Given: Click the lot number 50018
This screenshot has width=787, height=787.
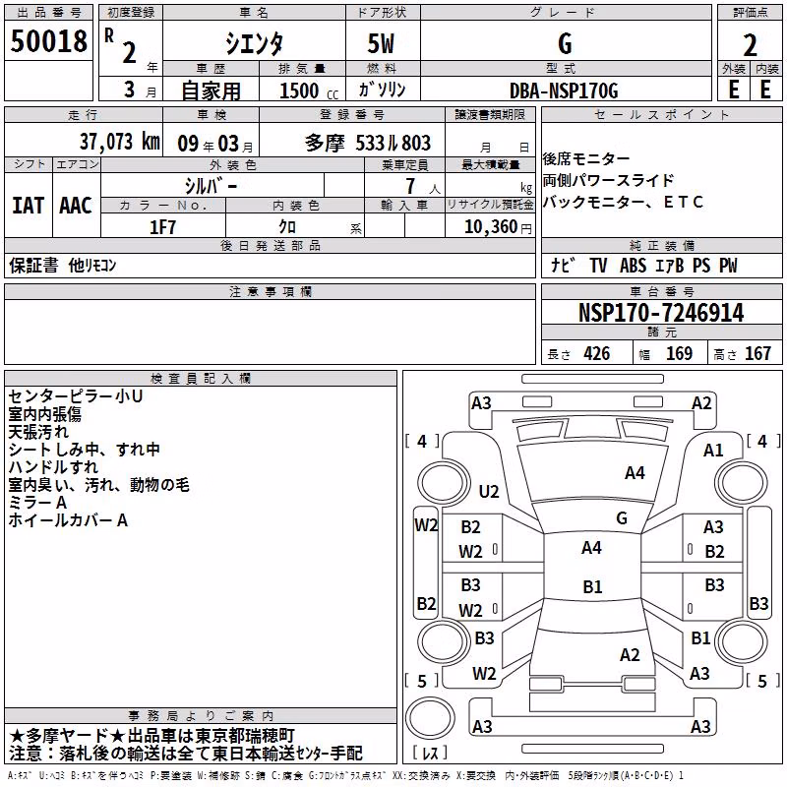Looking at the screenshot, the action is (x=48, y=41).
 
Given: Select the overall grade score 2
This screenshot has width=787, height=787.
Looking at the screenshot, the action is (x=750, y=45).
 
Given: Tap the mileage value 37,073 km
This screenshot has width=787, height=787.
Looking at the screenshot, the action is (x=119, y=142).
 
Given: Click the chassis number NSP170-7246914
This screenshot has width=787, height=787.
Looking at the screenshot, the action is (x=661, y=313).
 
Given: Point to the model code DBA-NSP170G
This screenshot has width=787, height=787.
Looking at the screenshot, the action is (x=564, y=91).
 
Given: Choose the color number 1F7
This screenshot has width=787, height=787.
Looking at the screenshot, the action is (x=162, y=227).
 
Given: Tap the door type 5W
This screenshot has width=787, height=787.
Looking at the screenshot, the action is (x=381, y=43).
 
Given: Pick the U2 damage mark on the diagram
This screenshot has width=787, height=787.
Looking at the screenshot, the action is (x=489, y=491).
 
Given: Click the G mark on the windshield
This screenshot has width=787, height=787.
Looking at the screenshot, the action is (x=622, y=517).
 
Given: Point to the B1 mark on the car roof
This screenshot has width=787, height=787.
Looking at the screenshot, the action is (x=592, y=586).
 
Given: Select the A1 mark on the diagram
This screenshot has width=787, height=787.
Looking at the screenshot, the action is (x=712, y=451).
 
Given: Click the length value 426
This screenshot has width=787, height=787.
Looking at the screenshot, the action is (x=597, y=354).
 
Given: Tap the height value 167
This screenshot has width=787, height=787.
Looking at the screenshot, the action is (x=757, y=354).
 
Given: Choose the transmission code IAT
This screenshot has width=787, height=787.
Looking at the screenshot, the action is (x=29, y=206).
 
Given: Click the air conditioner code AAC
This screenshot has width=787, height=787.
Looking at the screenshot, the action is (x=76, y=206).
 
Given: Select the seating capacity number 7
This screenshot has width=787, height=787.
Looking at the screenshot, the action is (x=410, y=186).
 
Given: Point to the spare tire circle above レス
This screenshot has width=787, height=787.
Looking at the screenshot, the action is (x=430, y=718).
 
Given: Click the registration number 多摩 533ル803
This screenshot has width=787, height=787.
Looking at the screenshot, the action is (x=367, y=143).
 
